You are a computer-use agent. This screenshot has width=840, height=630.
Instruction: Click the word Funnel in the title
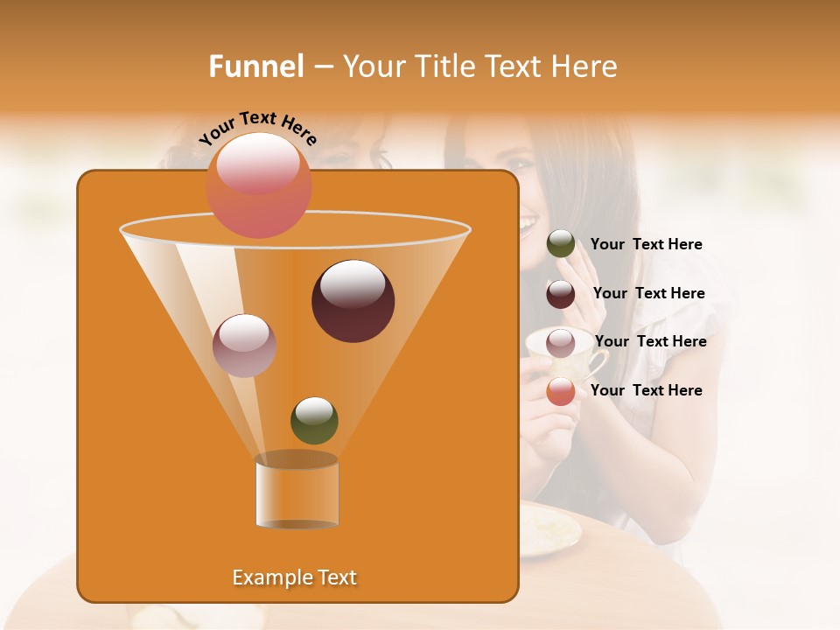click(255, 66)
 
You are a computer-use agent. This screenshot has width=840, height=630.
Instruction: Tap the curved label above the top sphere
click(257, 128)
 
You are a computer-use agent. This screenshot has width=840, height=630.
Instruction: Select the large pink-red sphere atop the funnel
click(258, 185)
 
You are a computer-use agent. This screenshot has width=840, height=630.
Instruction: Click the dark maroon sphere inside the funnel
click(353, 300)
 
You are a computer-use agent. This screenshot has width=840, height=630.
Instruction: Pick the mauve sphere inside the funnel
click(244, 345)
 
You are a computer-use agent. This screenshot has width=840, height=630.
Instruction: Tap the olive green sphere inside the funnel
click(314, 420)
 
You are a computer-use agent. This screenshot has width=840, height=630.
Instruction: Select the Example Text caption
click(294, 577)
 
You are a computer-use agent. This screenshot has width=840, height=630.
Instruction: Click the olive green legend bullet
click(561, 244)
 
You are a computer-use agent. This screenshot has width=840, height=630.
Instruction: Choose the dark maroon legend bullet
click(561, 294)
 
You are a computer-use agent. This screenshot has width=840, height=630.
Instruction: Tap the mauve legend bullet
click(561, 342)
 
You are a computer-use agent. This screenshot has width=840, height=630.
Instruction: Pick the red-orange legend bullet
click(561, 391)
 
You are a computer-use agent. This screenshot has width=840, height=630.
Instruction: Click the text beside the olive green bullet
click(646, 244)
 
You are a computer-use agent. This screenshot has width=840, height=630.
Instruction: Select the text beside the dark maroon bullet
click(648, 293)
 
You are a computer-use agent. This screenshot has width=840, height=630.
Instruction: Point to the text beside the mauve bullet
click(650, 341)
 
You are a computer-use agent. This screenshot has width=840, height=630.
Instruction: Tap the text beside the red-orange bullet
click(646, 390)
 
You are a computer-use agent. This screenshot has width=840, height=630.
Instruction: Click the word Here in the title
click(587, 66)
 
